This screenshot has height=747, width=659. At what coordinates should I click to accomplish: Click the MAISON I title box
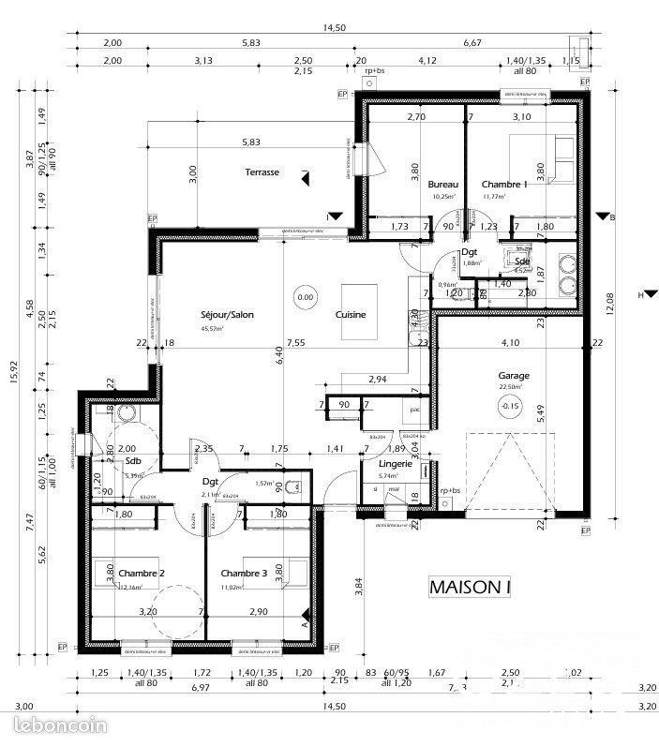pyautogui.click(x=471, y=587)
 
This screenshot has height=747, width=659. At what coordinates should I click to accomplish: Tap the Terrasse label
pyautogui.click(x=262, y=172)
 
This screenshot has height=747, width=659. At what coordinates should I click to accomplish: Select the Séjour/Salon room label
pyautogui.click(x=227, y=315)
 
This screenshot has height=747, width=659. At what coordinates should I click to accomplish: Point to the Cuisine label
pyautogui.click(x=351, y=315)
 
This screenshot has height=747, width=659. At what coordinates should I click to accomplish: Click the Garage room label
pyautogui.click(x=513, y=376)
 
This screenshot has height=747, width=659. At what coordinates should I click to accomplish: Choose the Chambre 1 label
pyautogui.click(x=504, y=185)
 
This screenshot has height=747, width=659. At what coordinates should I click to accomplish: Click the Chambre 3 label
pyautogui.click(x=244, y=573)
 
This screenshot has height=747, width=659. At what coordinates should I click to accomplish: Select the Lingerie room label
pyautogui.click(x=396, y=464)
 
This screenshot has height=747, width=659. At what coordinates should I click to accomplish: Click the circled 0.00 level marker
pyautogui.click(x=305, y=297)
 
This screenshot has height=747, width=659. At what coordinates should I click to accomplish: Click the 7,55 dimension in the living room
pyautogui.click(x=296, y=342)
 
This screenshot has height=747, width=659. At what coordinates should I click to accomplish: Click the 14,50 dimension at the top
pyautogui.click(x=335, y=28)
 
